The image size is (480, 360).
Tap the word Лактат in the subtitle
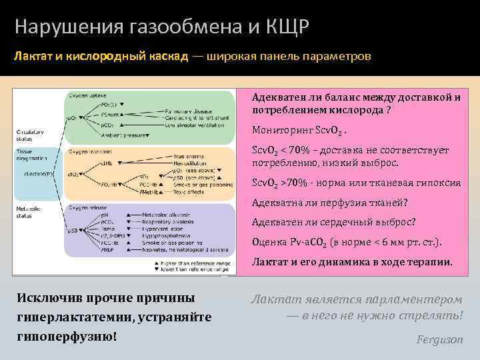point(34,57)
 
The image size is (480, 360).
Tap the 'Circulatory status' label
point(29,135)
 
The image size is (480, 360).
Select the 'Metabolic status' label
point(28,212)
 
